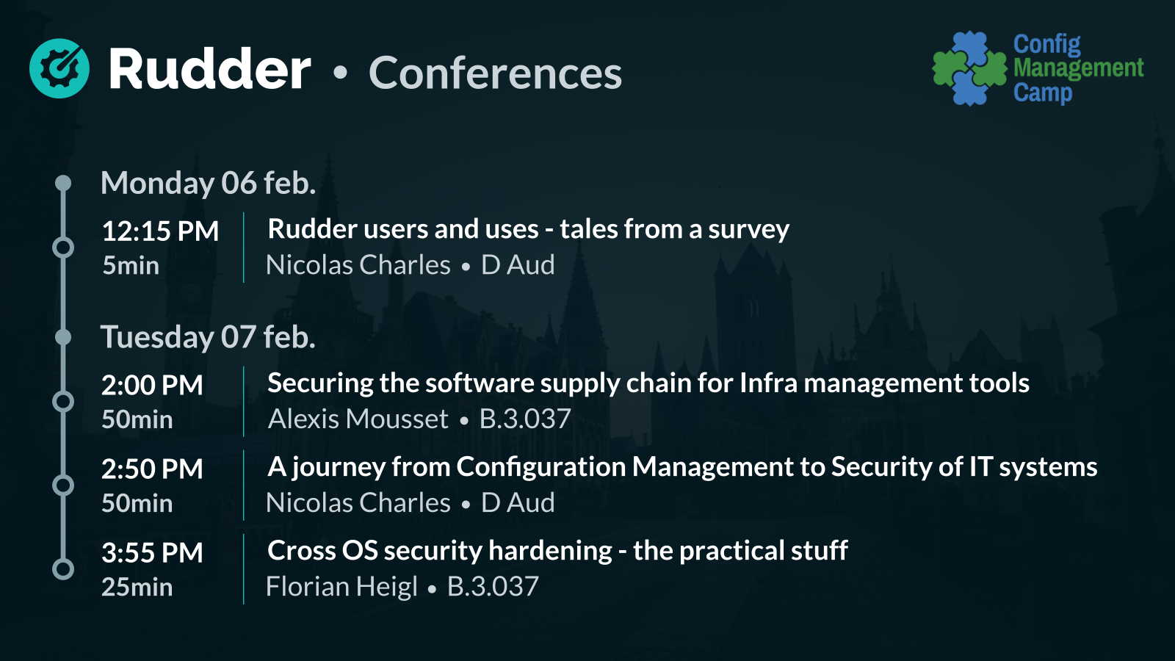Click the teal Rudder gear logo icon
(x=59, y=68)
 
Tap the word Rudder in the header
(x=209, y=69)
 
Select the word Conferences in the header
(x=495, y=73)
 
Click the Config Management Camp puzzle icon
(x=970, y=68)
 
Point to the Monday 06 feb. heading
(x=209, y=183)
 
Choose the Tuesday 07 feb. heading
(x=209, y=337)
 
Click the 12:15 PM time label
(x=160, y=231)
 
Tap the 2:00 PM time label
(x=152, y=385)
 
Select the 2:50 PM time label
(x=152, y=469)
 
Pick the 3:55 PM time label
(x=152, y=552)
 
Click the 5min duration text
(x=131, y=265)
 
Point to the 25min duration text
(x=137, y=587)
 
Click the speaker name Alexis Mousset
(x=358, y=419)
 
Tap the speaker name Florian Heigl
(x=341, y=586)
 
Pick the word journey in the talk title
(x=339, y=468)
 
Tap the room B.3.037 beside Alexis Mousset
(x=525, y=419)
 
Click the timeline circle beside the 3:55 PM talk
(x=63, y=569)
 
